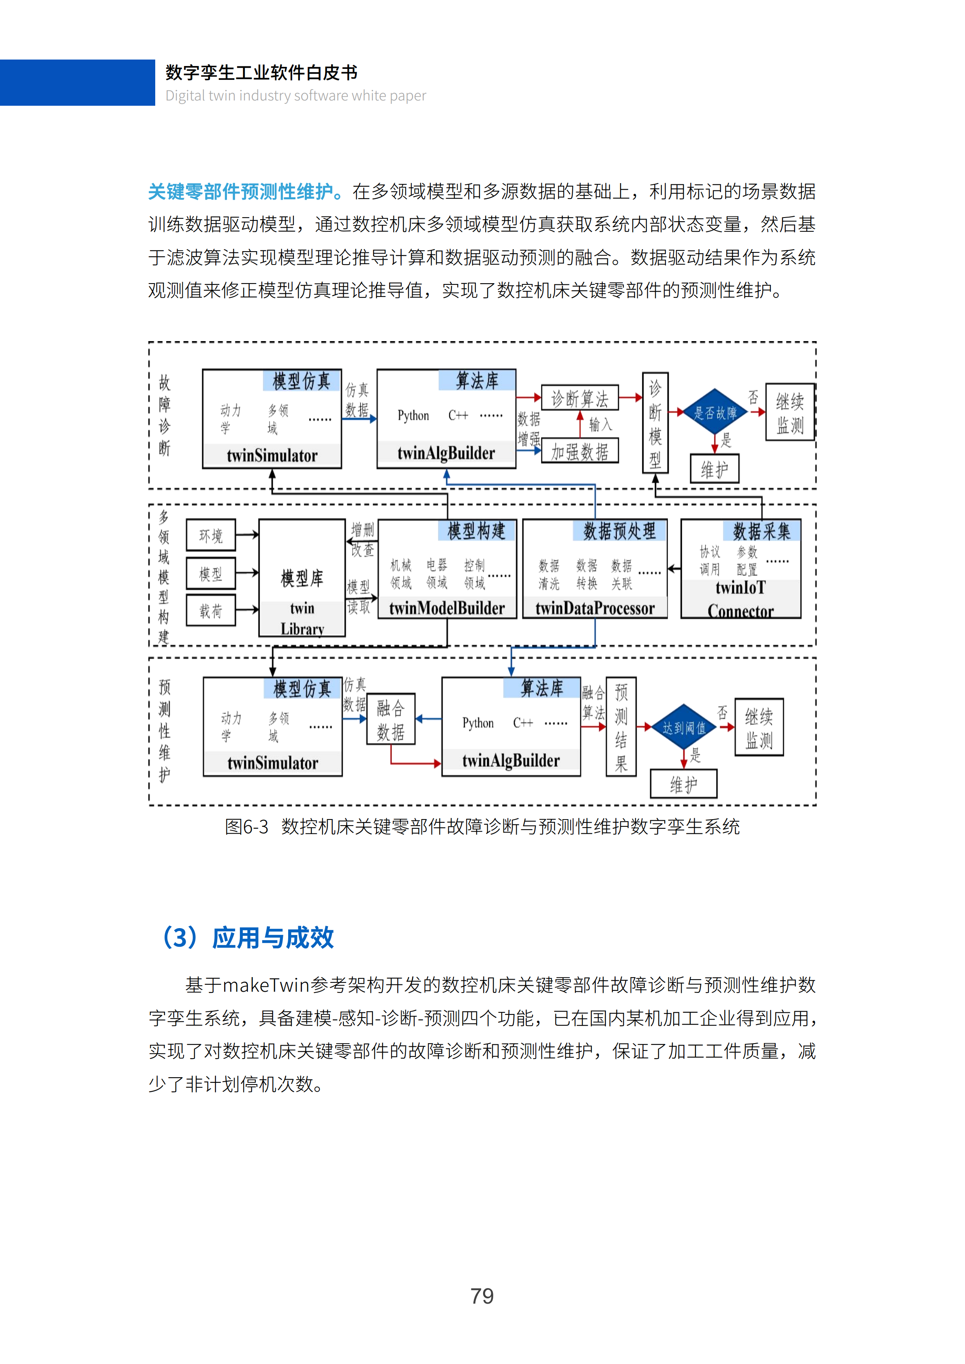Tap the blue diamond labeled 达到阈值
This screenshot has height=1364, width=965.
[x=684, y=727]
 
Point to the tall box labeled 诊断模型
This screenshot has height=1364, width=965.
[x=655, y=423]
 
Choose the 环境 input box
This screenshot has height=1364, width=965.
[x=211, y=535]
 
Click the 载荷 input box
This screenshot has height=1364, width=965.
[x=211, y=610]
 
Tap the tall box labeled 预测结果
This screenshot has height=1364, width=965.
[x=621, y=726]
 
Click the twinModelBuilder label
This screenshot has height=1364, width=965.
[x=447, y=608]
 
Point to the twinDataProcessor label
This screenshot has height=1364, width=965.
[x=595, y=608]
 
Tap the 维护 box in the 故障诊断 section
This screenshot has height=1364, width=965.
[x=714, y=470]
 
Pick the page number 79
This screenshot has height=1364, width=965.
[x=482, y=1296]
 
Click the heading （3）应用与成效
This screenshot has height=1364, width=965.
[x=247, y=937]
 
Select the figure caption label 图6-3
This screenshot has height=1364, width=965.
[x=246, y=826]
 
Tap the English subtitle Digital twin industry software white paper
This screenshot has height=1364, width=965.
[x=295, y=96]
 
